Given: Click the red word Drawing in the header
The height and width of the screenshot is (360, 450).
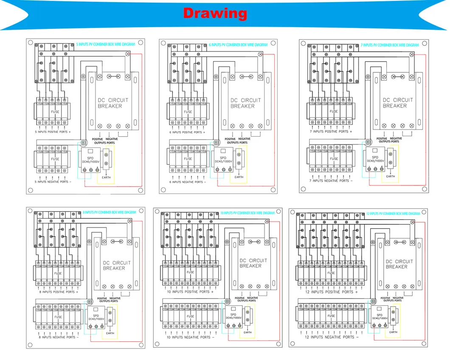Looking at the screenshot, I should tap(215, 13).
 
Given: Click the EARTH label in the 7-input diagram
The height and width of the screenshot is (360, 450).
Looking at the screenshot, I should tap(390, 176).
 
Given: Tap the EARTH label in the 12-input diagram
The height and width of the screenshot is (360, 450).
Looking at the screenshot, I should tap(393, 332).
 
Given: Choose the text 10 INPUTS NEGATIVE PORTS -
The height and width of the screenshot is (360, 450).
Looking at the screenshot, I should tap(190, 337).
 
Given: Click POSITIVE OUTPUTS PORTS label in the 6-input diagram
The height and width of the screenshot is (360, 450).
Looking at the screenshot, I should tap(231, 141).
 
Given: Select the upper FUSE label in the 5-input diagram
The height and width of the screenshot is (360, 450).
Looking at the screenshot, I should tap(55, 112).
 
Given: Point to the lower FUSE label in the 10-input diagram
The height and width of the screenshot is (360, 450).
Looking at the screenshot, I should tap(190, 316).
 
